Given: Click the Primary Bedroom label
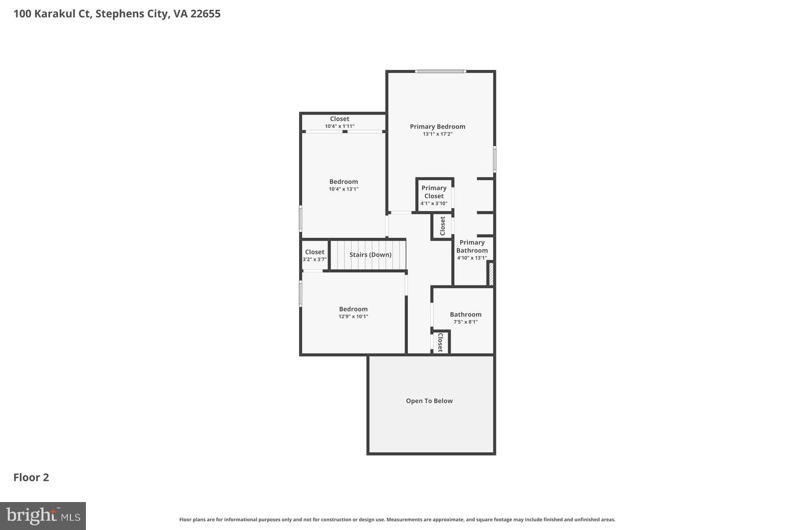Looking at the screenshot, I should click(437, 126).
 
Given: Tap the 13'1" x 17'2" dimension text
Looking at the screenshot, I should click(437, 134).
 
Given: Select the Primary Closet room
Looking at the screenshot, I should click(434, 195).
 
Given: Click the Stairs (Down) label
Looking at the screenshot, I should click(370, 255).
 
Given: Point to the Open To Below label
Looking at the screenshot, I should click(429, 401).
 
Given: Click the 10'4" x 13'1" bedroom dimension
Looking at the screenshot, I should click(343, 189).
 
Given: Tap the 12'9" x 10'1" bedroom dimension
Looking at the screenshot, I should click(353, 317).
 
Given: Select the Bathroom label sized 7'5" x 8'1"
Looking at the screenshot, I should click(465, 314).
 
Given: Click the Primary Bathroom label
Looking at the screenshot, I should click(472, 246).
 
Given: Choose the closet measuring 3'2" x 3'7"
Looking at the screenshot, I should click(315, 255).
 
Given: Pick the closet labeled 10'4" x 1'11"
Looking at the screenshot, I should click(340, 122).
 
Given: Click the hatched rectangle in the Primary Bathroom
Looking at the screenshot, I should click(491, 274).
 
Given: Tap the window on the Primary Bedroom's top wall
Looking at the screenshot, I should click(440, 71).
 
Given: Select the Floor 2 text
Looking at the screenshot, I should click(31, 477).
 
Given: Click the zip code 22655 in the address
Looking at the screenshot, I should click(205, 13).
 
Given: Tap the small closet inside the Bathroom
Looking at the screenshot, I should click(440, 342).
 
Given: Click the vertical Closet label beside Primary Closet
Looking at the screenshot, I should click(443, 226).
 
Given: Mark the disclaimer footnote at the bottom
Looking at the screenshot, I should click(397, 520).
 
